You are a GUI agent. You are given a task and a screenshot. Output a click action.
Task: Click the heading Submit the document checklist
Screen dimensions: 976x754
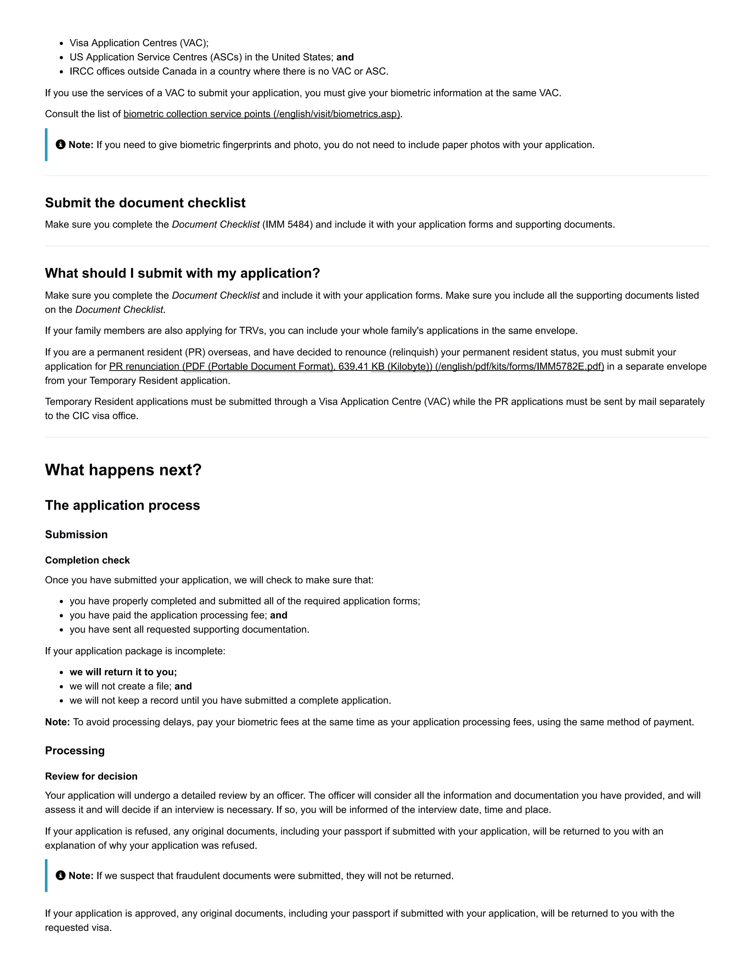145,203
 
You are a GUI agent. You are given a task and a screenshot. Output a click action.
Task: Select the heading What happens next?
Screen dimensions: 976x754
123,470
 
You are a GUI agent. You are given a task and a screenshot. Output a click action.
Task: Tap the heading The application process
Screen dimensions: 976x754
122,505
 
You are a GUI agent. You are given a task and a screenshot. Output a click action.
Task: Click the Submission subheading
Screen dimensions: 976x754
76,534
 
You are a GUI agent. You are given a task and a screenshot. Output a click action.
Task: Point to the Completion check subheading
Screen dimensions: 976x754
88,561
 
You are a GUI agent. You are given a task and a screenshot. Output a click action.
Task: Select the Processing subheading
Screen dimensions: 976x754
75,750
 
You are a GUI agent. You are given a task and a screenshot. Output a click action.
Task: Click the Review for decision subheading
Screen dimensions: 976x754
91,776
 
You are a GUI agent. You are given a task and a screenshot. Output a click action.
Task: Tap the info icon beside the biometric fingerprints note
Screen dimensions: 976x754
61,144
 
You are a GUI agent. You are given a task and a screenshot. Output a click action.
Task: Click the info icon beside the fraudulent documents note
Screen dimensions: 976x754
61,875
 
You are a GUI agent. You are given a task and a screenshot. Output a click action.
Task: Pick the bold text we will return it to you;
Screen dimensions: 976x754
123,672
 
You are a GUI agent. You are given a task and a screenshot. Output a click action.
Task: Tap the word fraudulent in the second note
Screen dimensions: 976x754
198,875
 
